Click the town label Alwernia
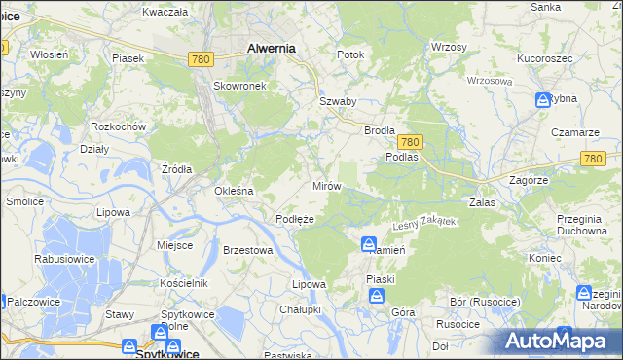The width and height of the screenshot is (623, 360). (x=271, y=47)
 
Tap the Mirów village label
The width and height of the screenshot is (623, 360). (x=325, y=185)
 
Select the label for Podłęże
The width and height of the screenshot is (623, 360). (x=294, y=220)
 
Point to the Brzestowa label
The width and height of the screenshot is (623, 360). (x=247, y=250)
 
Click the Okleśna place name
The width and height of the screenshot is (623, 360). (x=234, y=191)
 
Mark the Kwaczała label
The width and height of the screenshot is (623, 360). (x=164, y=12)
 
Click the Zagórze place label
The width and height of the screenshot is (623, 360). (x=530, y=181)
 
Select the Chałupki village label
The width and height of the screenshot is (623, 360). (x=300, y=308)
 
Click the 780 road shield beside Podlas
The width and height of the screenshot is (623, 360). (x=409, y=141)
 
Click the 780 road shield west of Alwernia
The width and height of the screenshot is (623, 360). (x=201, y=59)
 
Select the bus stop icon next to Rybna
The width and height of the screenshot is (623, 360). (x=543, y=99)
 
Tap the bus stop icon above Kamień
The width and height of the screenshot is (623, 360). (x=370, y=243)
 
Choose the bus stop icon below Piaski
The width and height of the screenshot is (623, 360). (x=377, y=298)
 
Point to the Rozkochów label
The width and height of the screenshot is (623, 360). (x=118, y=127)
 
